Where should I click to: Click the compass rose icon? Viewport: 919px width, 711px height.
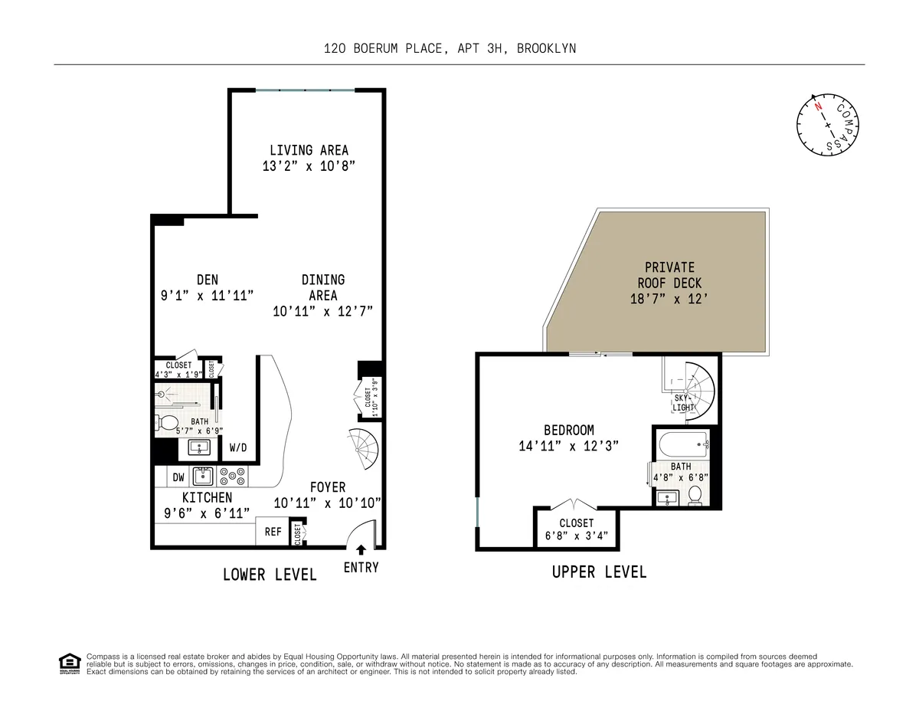pos(828,126)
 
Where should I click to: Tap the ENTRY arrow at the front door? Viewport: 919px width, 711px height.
pos(361,549)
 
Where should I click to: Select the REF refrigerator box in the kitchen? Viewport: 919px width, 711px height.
pos(273,532)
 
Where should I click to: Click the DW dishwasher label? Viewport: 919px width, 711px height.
pos(178,477)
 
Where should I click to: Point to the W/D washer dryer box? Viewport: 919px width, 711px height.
pos(238,447)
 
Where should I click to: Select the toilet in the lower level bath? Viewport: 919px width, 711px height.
pos(166,422)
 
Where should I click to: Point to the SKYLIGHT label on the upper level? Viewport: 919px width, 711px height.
pos(683,402)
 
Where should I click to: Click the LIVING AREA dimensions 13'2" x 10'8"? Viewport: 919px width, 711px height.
pos(309,165)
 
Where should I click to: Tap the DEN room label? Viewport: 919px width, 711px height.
pos(207,280)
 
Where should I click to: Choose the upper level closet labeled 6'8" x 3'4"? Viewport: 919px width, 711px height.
pos(576,529)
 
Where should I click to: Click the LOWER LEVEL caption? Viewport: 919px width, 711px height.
pos(270,575)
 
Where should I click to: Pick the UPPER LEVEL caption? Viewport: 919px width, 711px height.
pos(599,572)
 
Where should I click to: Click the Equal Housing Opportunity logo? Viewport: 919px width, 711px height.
pos(70,663)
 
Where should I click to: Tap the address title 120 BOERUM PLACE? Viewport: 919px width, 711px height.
pos(450,48)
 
